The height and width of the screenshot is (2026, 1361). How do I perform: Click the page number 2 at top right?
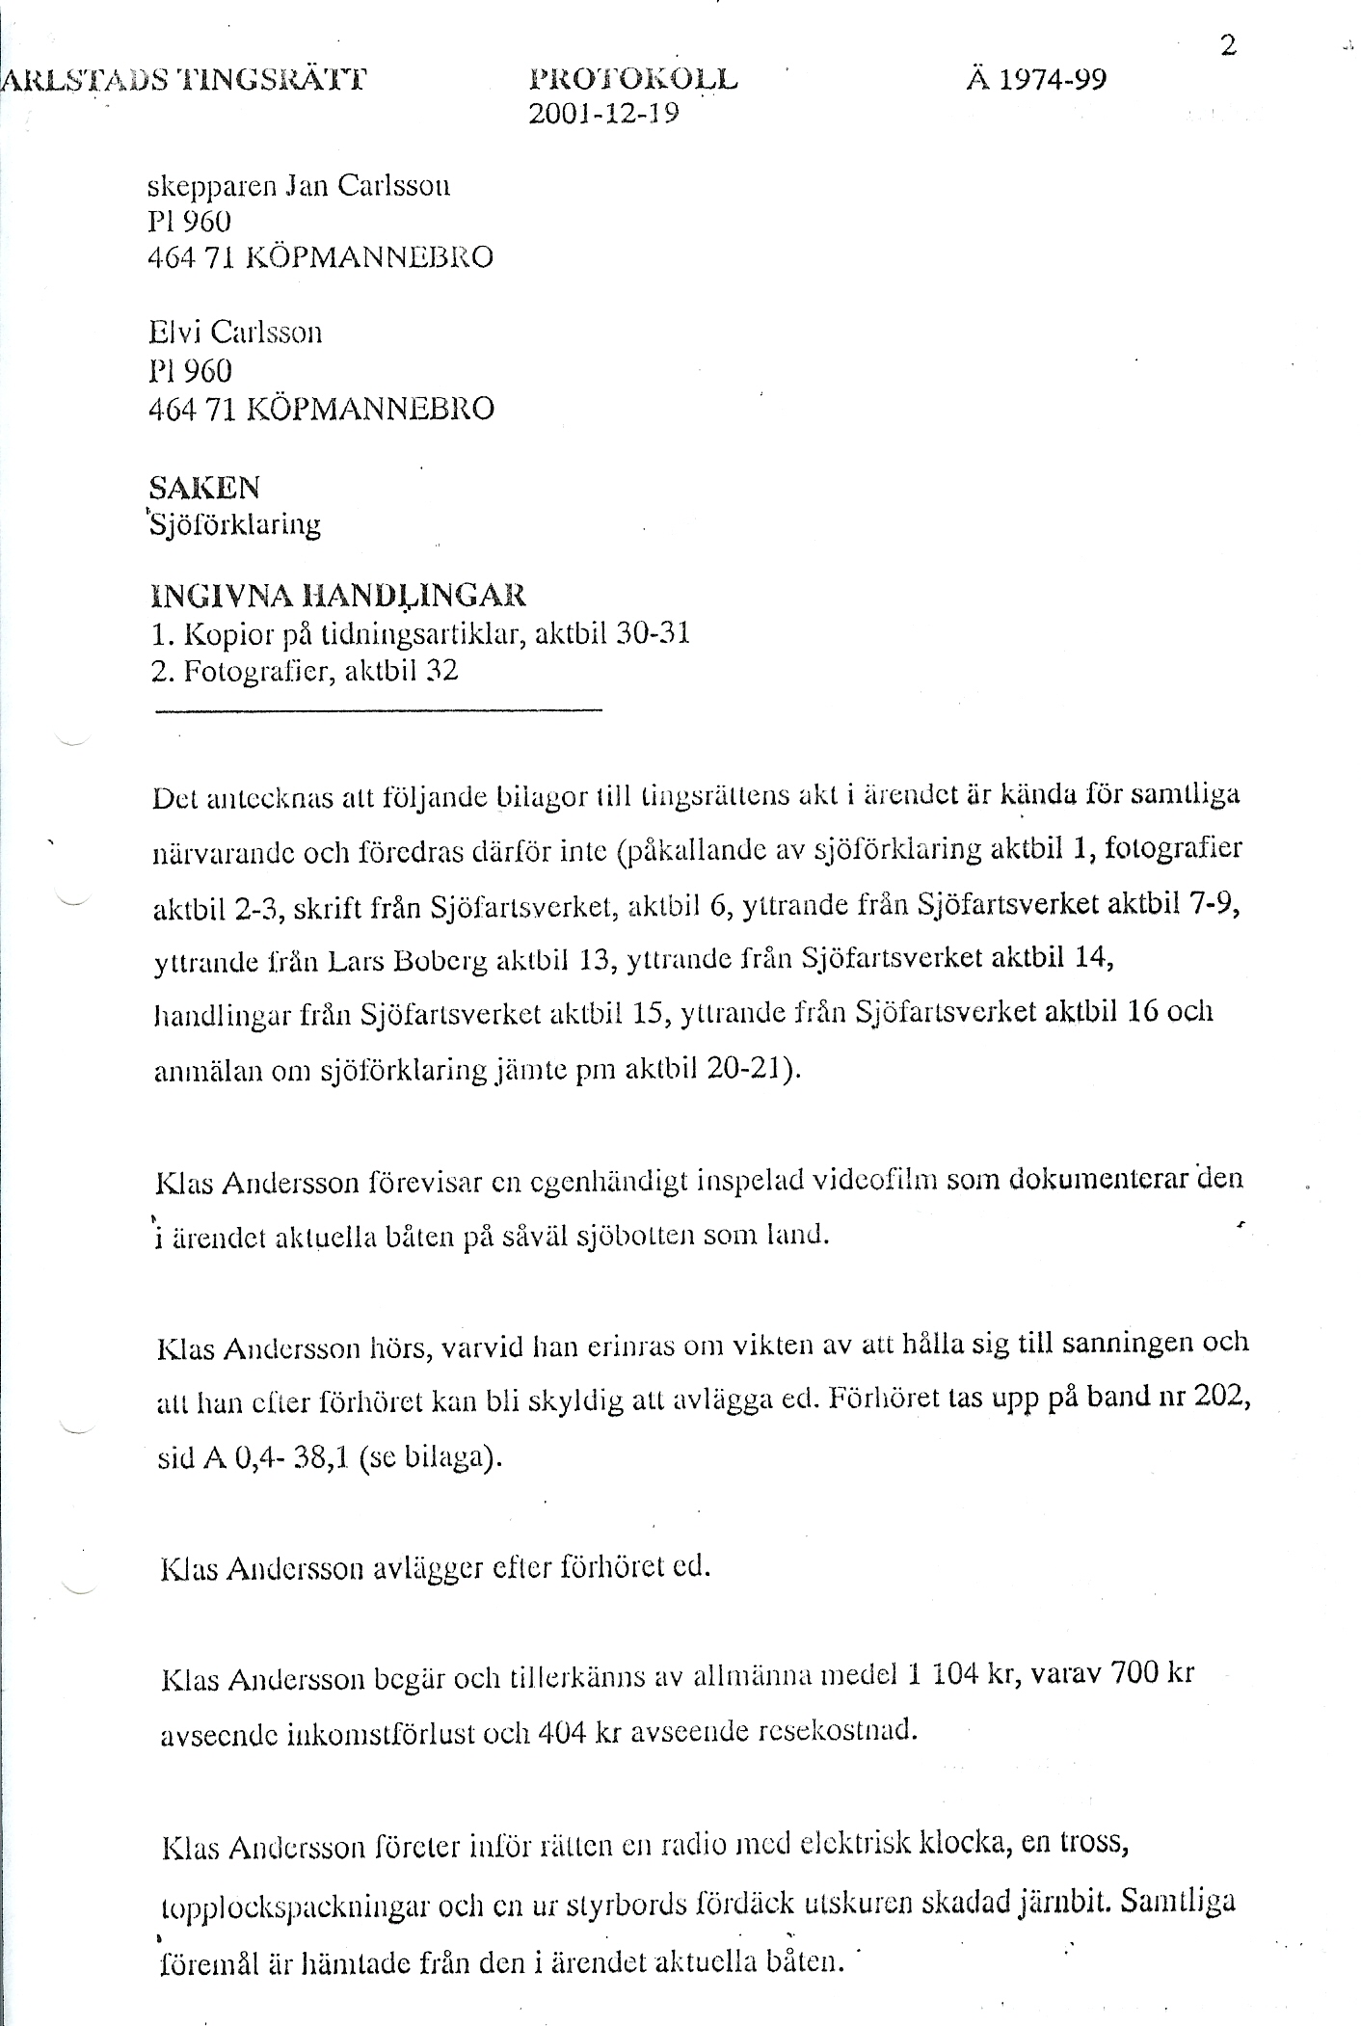pyautogui.click(x=1228, y=46)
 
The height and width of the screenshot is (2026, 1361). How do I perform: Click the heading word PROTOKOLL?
pyautogui.click(x=633, y=79)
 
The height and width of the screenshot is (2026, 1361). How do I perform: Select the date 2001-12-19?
pyautogui.click(x=604, y=115)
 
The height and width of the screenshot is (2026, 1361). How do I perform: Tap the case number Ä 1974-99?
pyautogui.click(x=1036, y=79)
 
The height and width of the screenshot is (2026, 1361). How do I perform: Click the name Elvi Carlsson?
pyautogui.click(x=235, y=333)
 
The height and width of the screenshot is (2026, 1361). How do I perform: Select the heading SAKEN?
pyautogui.click(x=204, y=488)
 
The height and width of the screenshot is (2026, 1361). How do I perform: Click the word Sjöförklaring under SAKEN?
pyautogui.click(x=234, y=526)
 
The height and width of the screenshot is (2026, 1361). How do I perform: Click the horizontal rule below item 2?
pyautogui.click(x=378, y=711)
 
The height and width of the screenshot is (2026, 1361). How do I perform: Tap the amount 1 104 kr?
pyautogui.click(x=957, y=1673)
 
